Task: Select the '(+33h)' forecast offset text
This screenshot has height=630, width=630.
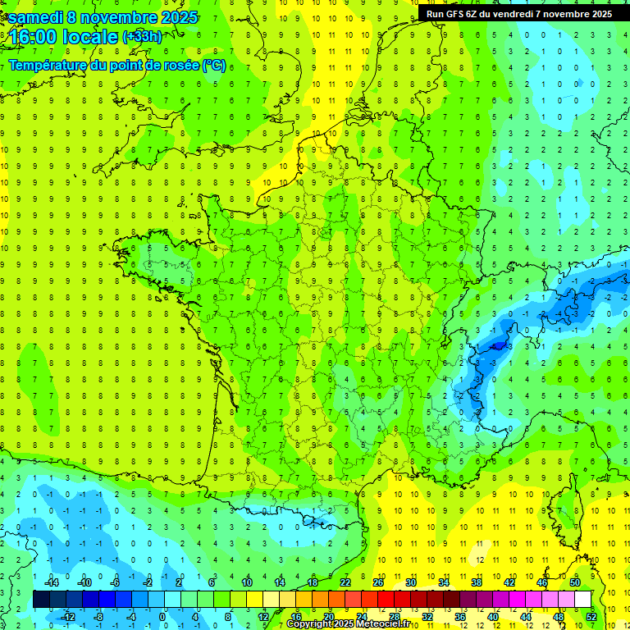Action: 142,37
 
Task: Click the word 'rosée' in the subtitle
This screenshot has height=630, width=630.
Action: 174,66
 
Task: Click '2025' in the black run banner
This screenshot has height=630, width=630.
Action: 596,14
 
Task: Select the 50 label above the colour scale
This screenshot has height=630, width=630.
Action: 575,582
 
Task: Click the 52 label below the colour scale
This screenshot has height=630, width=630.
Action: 591,617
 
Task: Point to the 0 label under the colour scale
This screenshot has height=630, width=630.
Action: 162,617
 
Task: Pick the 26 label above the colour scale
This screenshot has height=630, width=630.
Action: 378,582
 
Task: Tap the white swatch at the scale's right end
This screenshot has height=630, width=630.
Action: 582,600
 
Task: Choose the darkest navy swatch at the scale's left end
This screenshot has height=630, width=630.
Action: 41,600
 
